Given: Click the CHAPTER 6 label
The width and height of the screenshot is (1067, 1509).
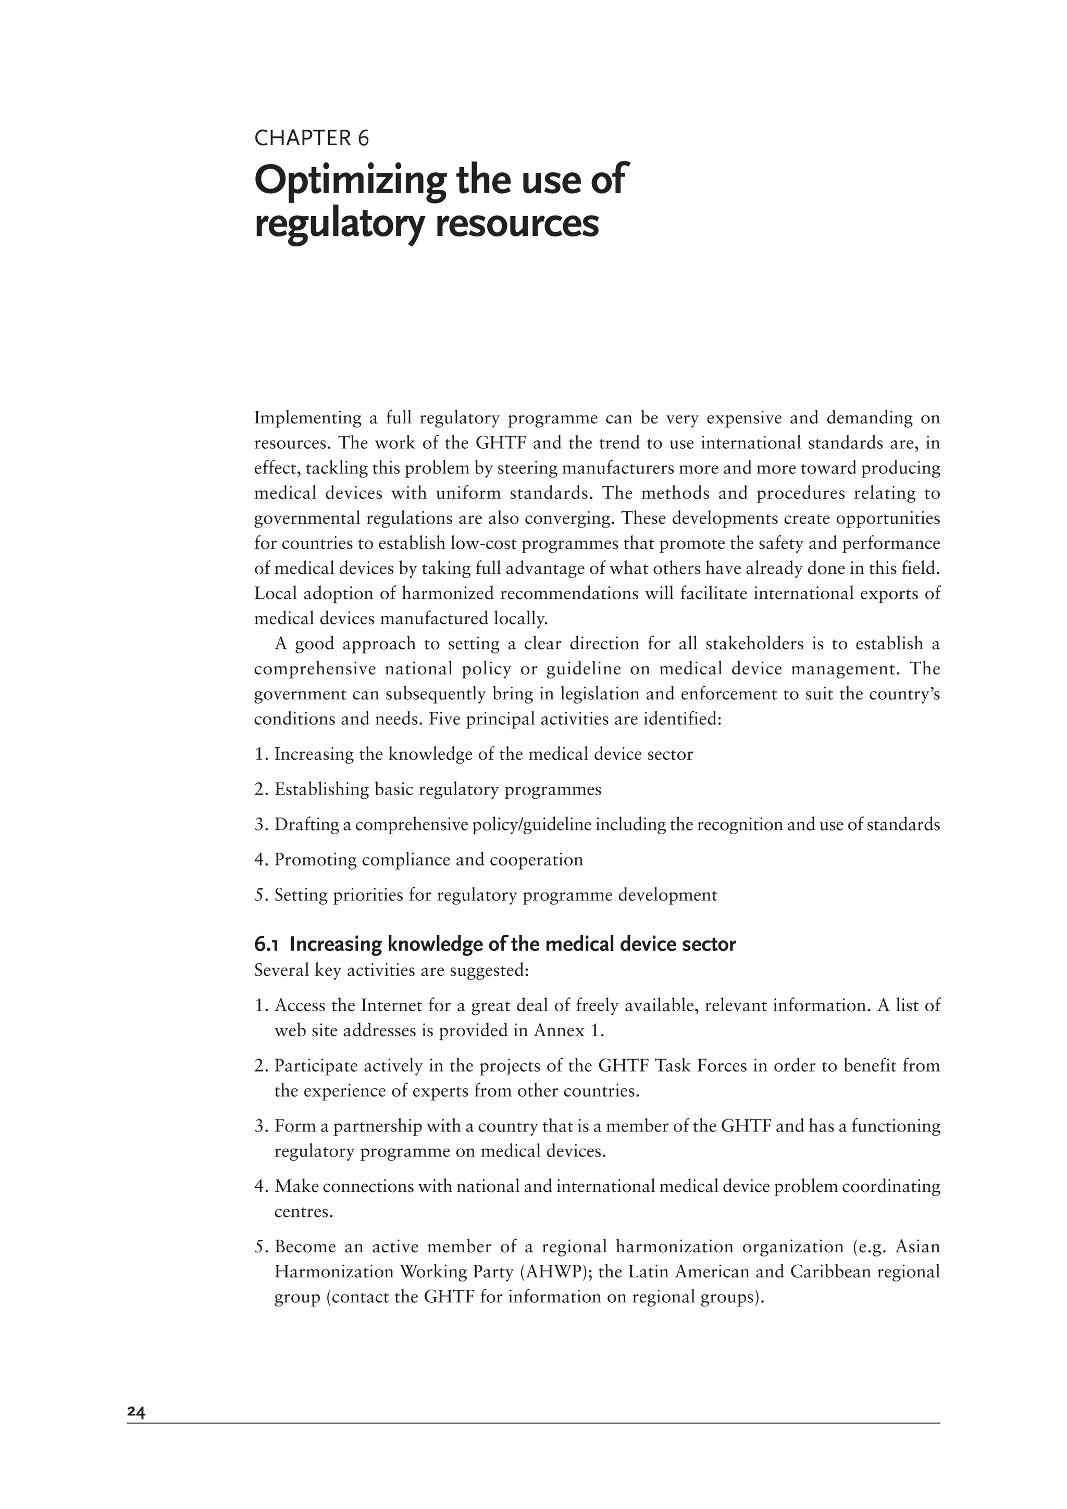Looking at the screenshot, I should click(312, 138).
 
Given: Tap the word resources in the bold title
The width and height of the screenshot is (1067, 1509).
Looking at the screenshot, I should click(516, 223).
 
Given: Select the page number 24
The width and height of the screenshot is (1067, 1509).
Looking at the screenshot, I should click(137, 1411).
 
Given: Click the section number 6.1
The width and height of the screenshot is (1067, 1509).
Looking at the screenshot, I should click(266, 945).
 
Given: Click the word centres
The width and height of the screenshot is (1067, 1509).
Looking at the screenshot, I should click(304, 1211).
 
